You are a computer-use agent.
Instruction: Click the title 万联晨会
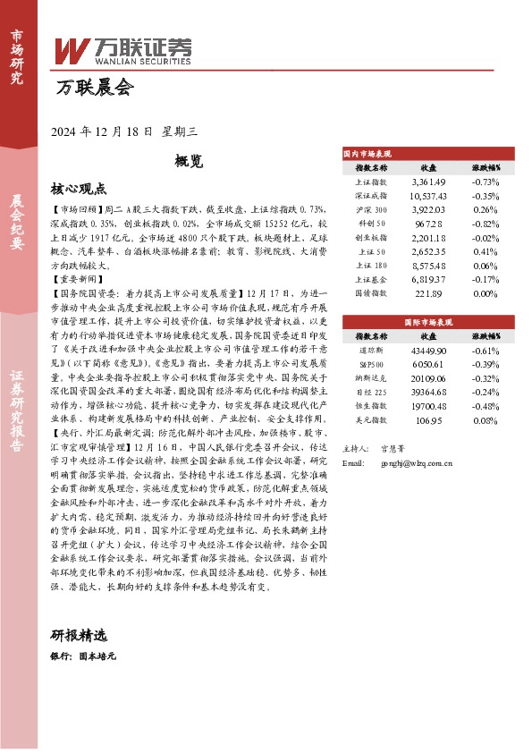[x=94, y=88]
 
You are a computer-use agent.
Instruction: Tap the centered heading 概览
[x=189, y=162]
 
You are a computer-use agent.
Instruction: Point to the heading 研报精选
[x=79, y=636]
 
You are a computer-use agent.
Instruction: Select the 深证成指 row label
[x=371, y=196]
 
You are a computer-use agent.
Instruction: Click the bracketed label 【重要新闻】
[x=74, y=279]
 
